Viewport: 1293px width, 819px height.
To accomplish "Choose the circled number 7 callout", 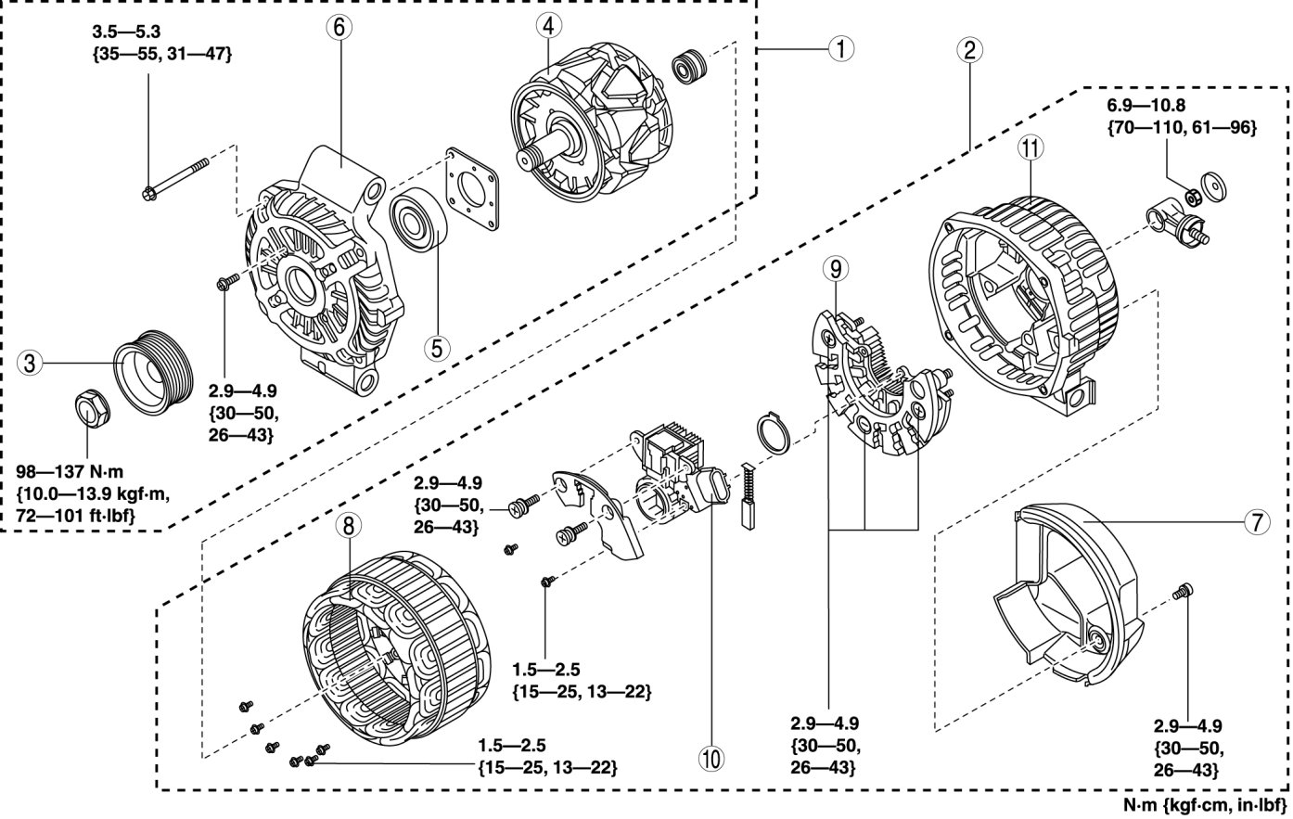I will click(x=1256, y=523).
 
